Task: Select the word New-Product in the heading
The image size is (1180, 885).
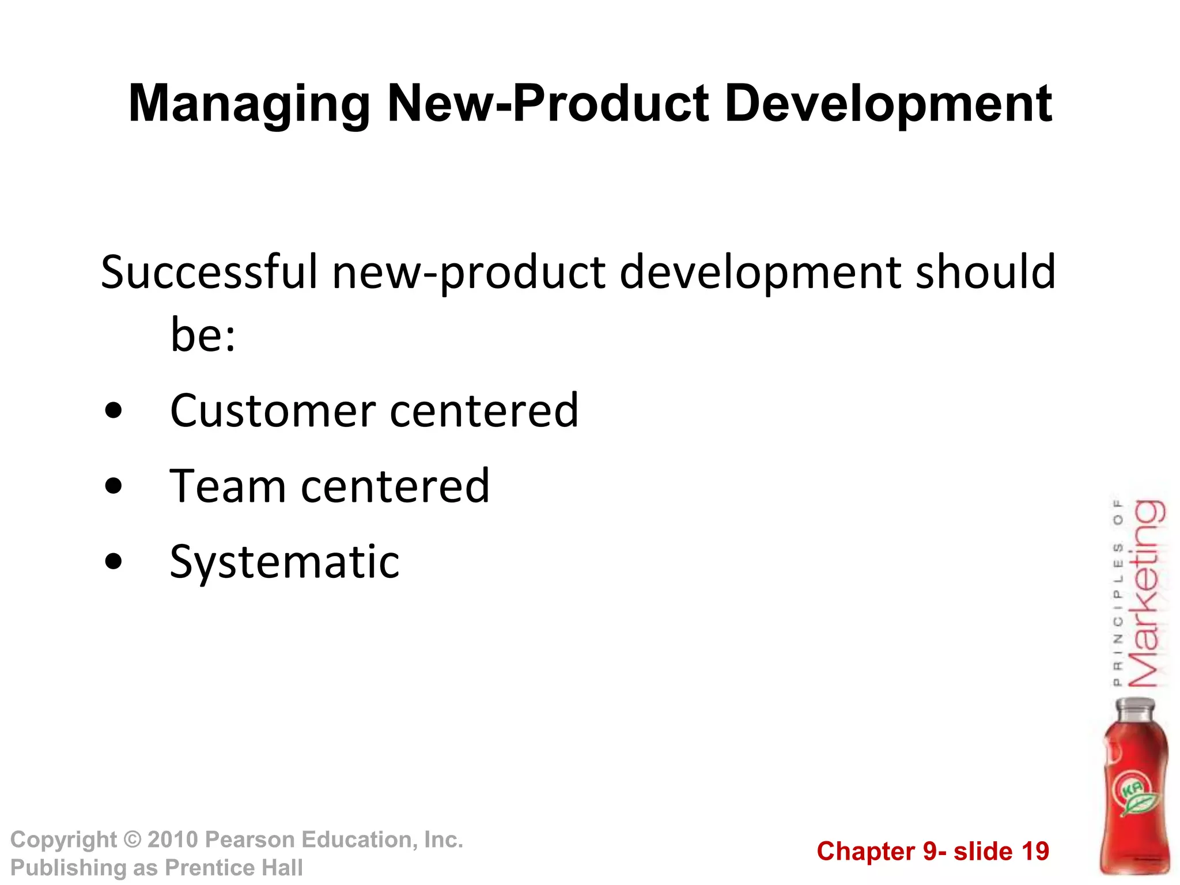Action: [548, 104]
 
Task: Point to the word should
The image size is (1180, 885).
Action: [985, 272]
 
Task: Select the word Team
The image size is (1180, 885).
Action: [227, 486]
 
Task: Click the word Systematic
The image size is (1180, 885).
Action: [285, 562]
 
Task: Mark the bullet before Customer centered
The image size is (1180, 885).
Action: [114, 410]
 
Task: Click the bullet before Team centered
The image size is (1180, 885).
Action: [114, 486]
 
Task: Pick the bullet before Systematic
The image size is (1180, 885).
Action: [114, 561]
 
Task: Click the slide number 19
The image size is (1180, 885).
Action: [1035, 852]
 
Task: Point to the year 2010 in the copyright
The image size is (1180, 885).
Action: [172, 839]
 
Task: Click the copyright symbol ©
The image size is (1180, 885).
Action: [133, 839]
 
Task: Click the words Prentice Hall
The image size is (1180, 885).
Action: [234, 868]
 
